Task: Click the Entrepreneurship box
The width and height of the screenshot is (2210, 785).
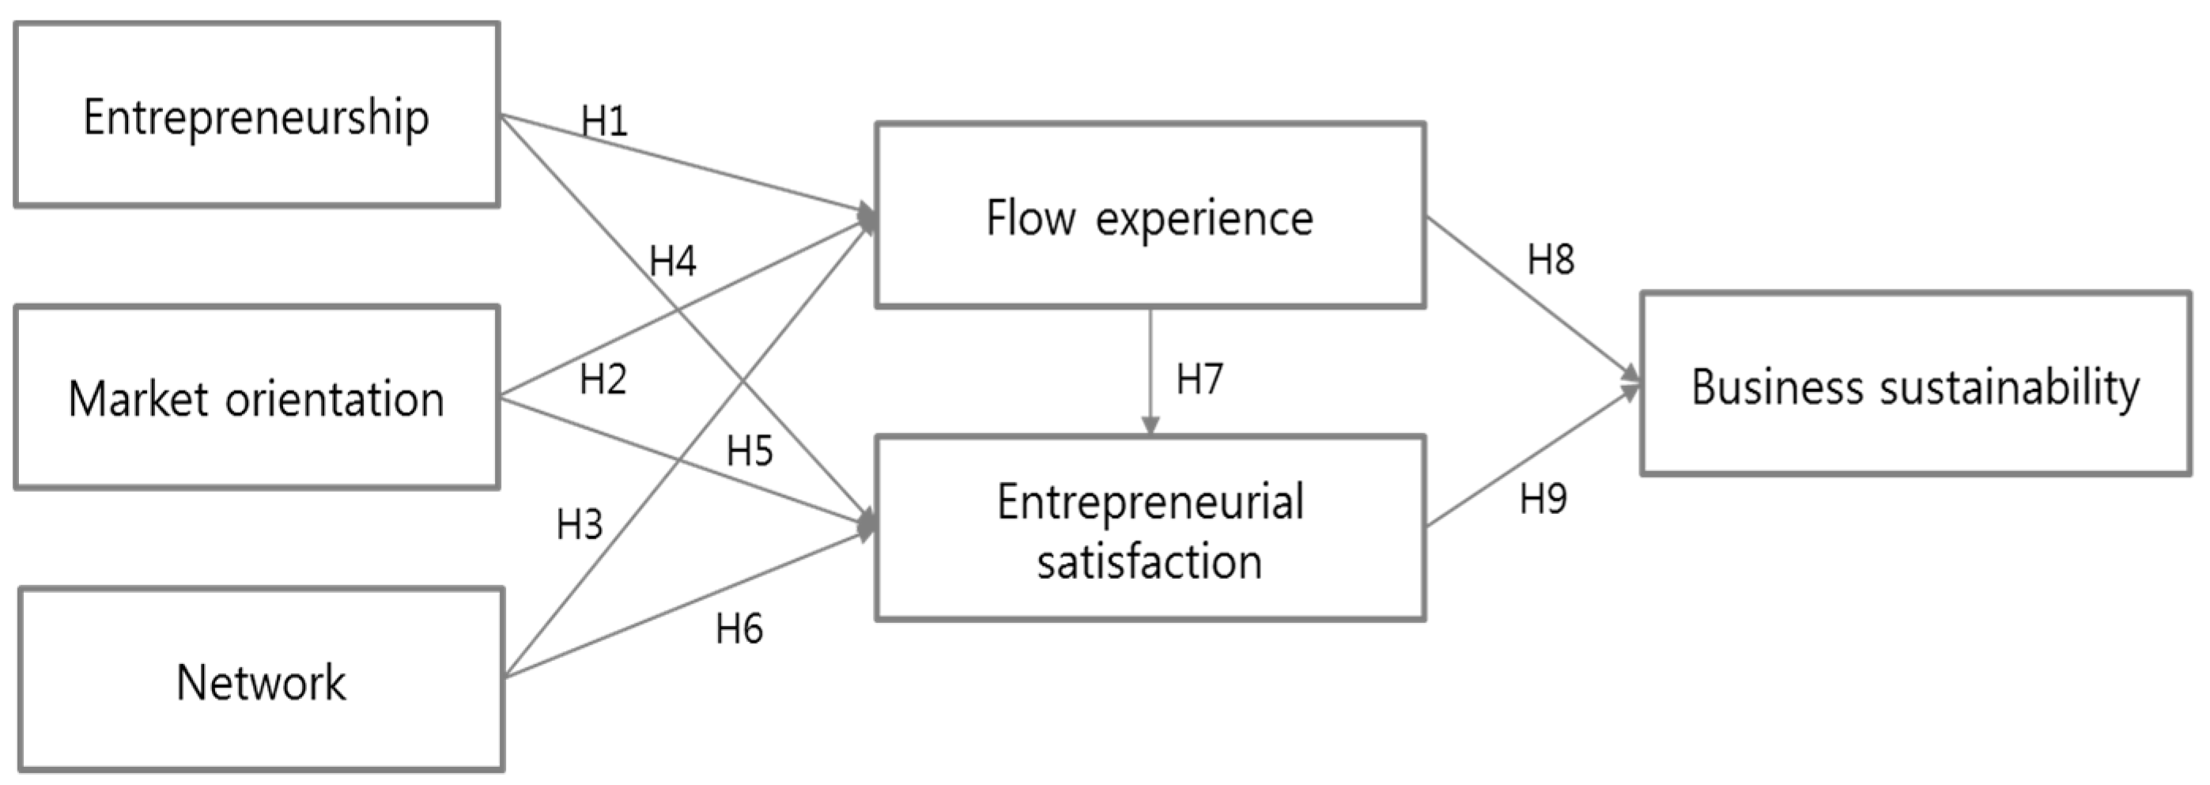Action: [256, 115]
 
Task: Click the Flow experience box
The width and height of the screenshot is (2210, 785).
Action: [1150, 216]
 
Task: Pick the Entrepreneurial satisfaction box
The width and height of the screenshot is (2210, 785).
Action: [1150, 530]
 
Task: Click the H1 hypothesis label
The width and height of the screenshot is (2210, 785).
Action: [604, 121]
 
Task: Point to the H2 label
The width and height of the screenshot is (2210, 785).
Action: [603, 379]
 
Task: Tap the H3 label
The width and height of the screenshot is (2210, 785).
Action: [579, 524]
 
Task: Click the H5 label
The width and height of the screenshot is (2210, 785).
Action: [749, 451]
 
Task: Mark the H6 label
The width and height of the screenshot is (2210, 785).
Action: [739, 628]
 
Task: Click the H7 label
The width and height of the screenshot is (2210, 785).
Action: [1199, 379]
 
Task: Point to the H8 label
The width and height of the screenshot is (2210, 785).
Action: [1551, 259]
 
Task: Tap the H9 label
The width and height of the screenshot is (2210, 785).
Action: [1543, 500]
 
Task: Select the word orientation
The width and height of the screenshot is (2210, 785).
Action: [334, 400]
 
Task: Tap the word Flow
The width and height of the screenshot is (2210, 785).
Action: [1030, 217]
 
